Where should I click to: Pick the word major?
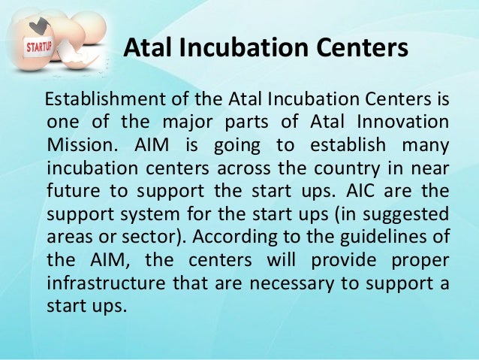[x=203, y=122]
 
